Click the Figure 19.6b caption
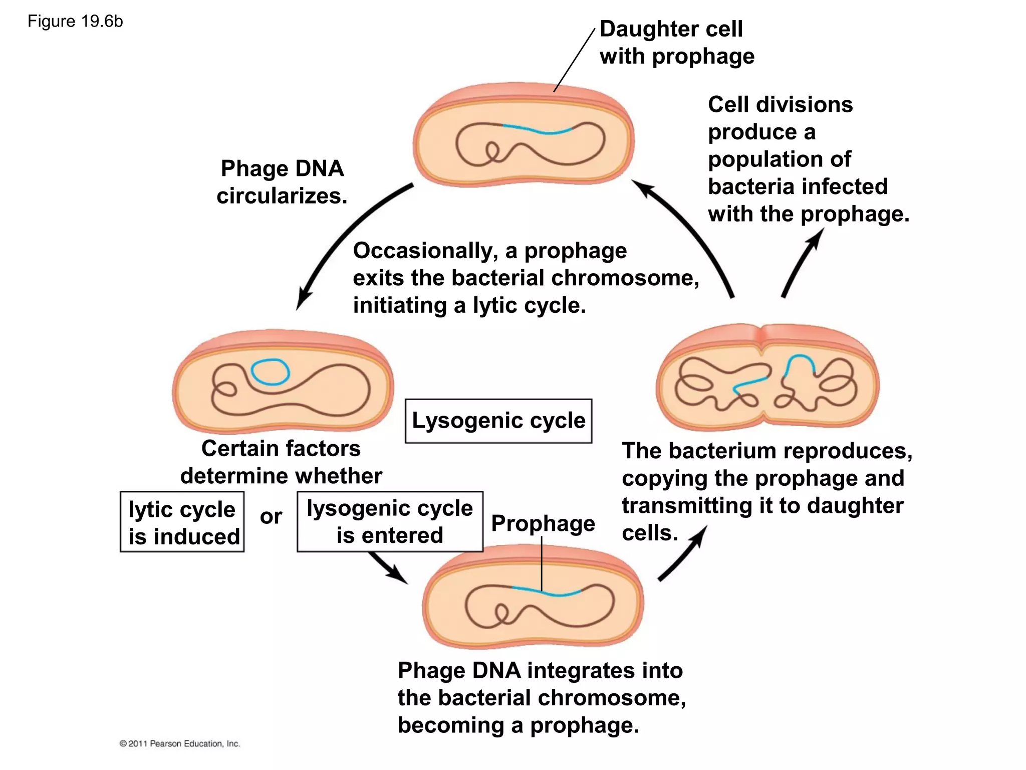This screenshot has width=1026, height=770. pos(75,22)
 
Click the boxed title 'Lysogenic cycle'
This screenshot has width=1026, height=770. pos(498,421)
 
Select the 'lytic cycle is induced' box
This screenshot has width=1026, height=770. pos(182,522)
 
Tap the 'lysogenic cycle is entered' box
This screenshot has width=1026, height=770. pos(390,521)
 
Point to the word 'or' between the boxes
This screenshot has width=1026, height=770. pos(271,516)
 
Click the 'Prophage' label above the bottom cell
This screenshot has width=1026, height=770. pos(543,523)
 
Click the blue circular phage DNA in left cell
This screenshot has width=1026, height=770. pos(270,372)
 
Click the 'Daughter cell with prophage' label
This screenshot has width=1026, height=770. pos(676,43)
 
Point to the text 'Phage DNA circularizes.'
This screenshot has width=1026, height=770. pos(282,182)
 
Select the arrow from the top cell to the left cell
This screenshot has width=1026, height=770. pos(341,236)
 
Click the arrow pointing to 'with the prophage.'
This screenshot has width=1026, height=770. pos(802,261)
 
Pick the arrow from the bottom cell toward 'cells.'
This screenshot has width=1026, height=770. pos(684,554)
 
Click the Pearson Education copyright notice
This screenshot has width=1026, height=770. pos(179,743)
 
